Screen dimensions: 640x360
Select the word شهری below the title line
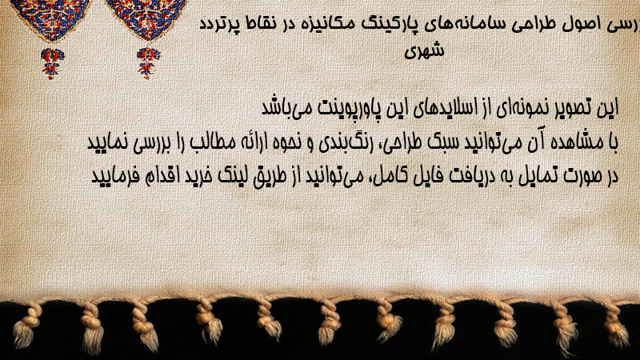[x=424, y=50]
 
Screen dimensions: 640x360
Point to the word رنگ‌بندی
[x=341, y=143]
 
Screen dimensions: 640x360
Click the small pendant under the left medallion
[x=52, y=63]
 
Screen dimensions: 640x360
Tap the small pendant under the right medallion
[x=148, y=63]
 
